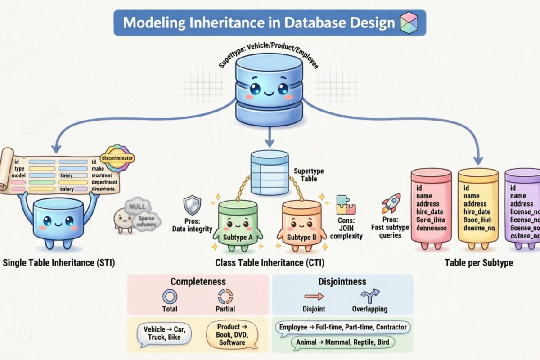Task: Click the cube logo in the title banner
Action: [409, 22]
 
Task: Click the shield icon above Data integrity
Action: [189, 205]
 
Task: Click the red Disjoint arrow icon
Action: [314, 296]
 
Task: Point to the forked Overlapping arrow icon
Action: [370, 296]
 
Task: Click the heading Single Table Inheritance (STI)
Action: [59, 263]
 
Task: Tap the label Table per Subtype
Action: [478, 263]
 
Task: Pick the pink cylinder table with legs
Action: [431, 207]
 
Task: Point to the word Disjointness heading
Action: [342, 282]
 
